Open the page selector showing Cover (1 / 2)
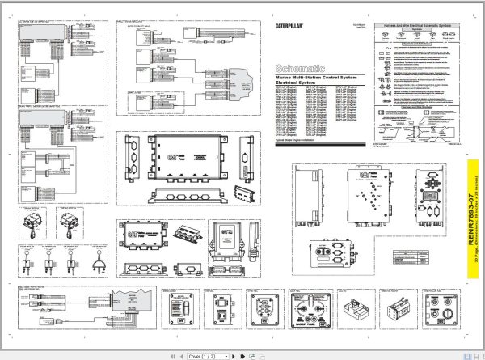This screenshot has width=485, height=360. (205, 355)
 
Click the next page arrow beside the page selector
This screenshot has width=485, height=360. (234, 355)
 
